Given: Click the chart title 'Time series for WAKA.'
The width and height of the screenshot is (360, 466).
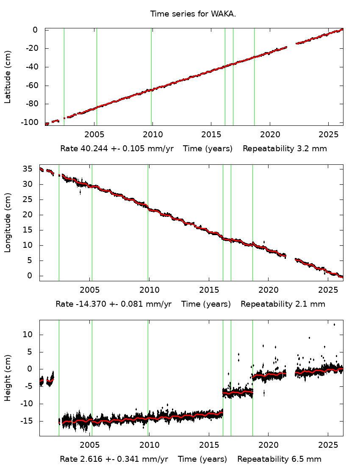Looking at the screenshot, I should pos(193,14).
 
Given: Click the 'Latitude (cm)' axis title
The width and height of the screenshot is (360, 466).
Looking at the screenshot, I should pos(8,77).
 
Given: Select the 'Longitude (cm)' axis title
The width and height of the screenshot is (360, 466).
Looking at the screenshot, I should pos(8,222).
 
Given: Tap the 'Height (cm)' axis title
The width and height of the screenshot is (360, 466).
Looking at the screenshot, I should pos(8,378).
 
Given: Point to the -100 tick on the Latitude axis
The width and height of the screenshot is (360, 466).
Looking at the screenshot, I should pos(32,122).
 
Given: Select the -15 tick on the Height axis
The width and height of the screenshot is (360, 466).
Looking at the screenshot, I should pos(28,421).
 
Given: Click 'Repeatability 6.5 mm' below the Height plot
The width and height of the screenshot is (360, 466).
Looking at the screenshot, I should pos(279,459).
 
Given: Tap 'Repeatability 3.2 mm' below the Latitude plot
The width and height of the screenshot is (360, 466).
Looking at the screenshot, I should pos(285,149).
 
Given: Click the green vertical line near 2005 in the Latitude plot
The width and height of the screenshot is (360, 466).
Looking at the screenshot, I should pos(97,76).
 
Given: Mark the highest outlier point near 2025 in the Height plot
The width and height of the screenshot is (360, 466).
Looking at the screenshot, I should pos(334,325).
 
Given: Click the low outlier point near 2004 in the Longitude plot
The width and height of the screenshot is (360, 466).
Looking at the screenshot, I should pos(80,192).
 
